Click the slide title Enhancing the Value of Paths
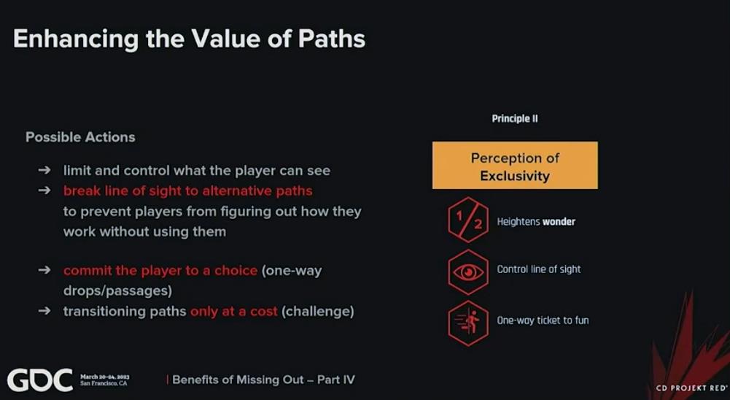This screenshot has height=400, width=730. click(189, 39)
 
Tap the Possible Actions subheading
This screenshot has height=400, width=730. click(80, 137)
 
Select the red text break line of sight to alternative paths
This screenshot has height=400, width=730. click(187, 191)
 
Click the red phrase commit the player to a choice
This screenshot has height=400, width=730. click(160, 271)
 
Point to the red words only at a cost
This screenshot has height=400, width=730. click(233, 311)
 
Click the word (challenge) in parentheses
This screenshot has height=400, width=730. click(317, 311)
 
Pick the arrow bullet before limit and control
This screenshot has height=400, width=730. click(44, 170)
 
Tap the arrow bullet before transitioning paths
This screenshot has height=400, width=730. click(44, 310)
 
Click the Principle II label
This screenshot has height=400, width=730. click(515, 119)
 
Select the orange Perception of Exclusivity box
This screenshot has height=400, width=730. click(515, 166)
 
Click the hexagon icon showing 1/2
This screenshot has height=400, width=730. click(468, 220)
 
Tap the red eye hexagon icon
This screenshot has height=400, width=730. click(468, 272)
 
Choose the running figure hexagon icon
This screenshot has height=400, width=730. click(468, 323)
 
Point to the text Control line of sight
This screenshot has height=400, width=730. click(539, 269)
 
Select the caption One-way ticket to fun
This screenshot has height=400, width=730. click(543, 320)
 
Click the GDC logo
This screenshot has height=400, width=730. click(40, 380)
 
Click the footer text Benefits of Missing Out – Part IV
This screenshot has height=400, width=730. click(263, 380)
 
